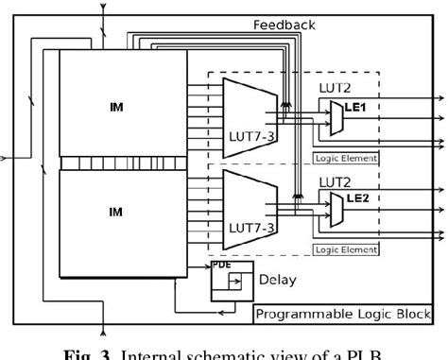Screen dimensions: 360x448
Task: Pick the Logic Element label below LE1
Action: pos(345,159)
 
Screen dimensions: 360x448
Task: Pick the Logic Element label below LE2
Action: pos(345,250)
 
